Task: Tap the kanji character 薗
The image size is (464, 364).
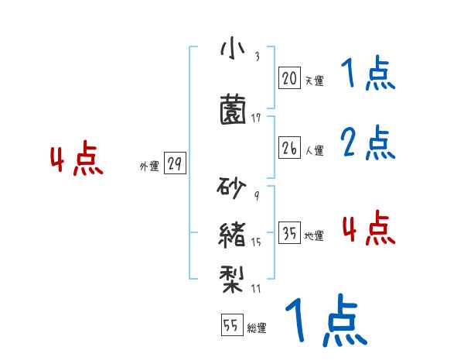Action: click(233, 111)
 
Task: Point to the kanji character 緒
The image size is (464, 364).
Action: click(233, 233)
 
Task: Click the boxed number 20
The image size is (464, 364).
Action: click(289, 77)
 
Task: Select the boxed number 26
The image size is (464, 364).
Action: click(289, 149)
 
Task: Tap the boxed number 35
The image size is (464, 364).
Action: click(289, 234)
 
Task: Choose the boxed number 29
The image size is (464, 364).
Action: click(175, 163)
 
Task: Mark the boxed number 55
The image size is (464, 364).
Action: click(231, 326)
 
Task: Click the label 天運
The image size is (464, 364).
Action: click(314, 80)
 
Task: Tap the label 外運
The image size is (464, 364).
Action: click(149, 166)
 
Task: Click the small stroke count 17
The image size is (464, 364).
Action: click(256, 118)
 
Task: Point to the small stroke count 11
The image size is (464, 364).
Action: click(256, 289)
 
